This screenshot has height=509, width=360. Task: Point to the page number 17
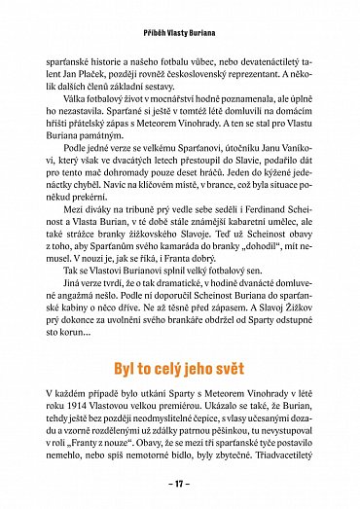pyautogui.click(x=180, y=482)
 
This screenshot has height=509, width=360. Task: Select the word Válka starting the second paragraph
pyautogui.click(x=78, y=111)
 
